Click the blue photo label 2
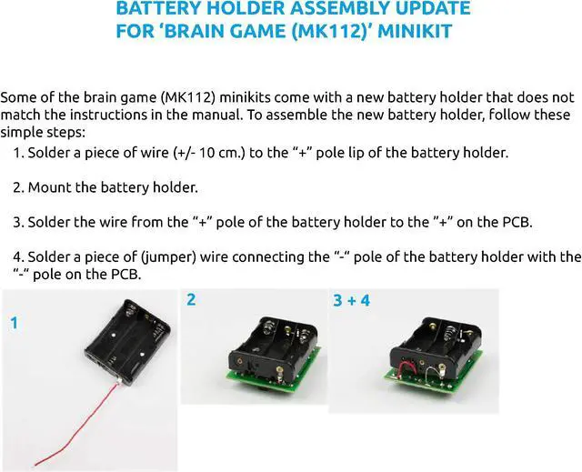click(190, 299)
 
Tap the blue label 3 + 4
click(351, 299)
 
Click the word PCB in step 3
click(517, 221)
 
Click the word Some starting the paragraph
click(17, 96)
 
